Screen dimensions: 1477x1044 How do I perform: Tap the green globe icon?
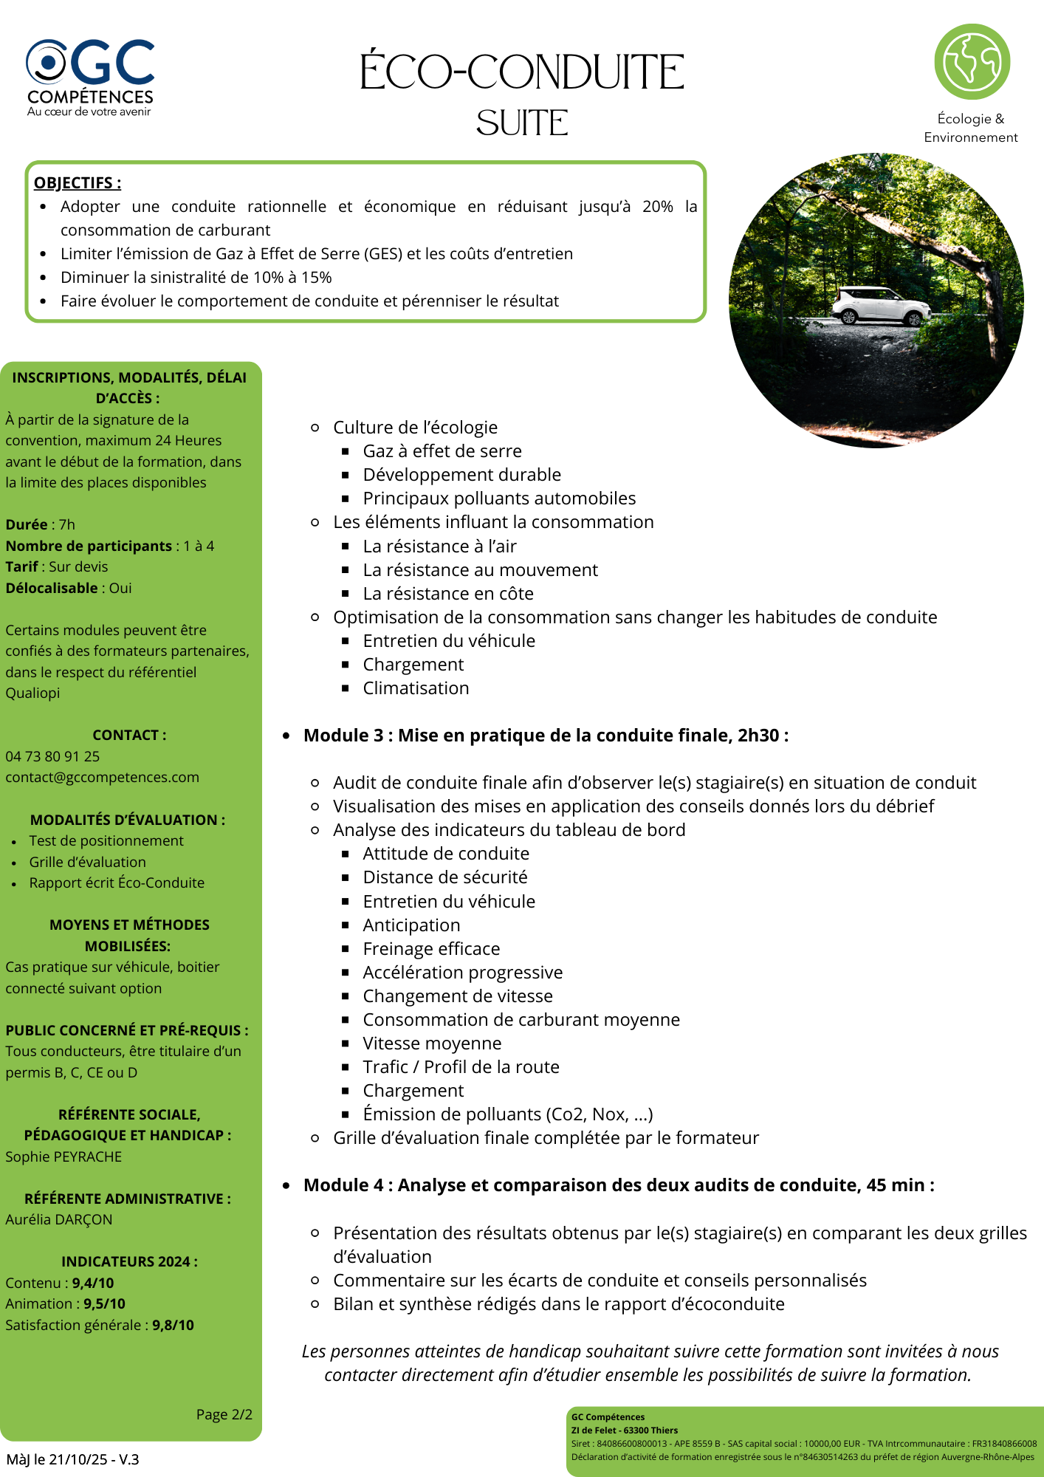click(972, 62)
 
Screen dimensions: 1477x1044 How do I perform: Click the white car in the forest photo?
click(880, 306)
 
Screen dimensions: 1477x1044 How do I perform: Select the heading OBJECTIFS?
click(77, 183)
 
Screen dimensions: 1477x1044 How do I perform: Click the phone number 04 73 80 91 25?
click(52, 756)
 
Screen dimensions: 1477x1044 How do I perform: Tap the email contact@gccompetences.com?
click(102, 778)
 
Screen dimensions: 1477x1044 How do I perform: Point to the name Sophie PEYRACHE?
click(63, 1156)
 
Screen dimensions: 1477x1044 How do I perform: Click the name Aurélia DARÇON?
click(59, 1220)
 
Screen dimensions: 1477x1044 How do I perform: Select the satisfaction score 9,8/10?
click(173, 1325)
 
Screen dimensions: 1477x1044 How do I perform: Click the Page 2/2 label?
click(224, 1414)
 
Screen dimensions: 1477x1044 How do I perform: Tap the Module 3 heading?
click(546, 736)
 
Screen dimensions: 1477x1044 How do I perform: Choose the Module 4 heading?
click(619, 1185)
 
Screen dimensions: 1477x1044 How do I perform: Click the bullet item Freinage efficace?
click(431, 949)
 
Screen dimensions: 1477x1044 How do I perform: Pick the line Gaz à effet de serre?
click(442, 451)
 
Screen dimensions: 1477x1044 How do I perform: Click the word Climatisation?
click(416, 688)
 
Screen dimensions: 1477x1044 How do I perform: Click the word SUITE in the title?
click(522, 123)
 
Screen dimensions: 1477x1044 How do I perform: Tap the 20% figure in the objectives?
click(657, 207)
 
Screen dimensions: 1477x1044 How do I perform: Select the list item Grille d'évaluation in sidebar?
click(87, 862)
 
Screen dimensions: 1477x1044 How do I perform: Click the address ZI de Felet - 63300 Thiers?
click(624, 1430)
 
